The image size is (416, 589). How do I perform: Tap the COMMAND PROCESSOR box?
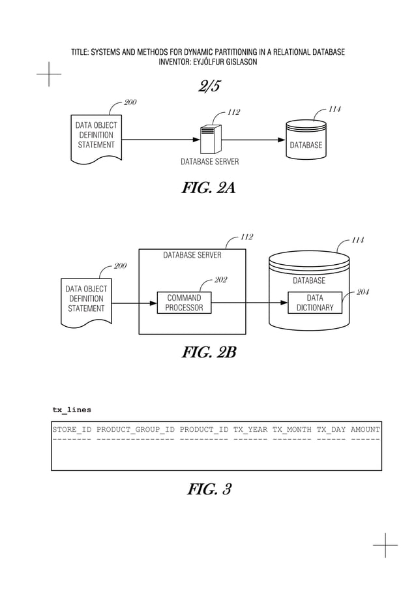pyautogui.click(x=184, y=303)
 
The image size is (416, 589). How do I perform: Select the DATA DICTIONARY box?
pyautogui.click(x=315, y=303)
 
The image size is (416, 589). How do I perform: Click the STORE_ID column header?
pyautogui.click(x=72, y=429)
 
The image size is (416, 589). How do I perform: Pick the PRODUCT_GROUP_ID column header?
pyautogui.click(x=135, y=429)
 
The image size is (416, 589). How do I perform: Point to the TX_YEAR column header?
pyautogui.click(x=250, y=429)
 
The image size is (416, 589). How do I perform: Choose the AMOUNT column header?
pyautogui.click(x=365, y=429)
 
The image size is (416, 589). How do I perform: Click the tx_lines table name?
pyautogui.click(x=72, y=410)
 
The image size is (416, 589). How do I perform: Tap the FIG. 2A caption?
pyautogui.click(x=208, y=189)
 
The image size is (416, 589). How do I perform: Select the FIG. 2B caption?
pyautogui.click(x=208, y=353)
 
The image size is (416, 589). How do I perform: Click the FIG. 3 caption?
pyautogui.click(x=209, y=489)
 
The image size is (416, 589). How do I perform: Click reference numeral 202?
pyautogui.click(x=220, y=280)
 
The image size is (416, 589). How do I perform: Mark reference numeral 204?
pyautogui.click(x=363, y=292)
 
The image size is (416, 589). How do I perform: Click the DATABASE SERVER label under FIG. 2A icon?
pyautogui.click(x=209, y=161)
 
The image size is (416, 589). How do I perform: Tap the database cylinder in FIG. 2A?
pyautogui.click(x=306, y=139)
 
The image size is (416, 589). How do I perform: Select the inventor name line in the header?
pyautogui.click(x=208, y=62)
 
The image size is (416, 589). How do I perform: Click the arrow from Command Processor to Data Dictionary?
pyautogui.click(x=250, y=303)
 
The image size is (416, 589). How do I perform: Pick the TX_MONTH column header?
pyautogui.click(x=291, y=429)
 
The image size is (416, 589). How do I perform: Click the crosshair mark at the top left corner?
pyautogui.click(x=49, y=74)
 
